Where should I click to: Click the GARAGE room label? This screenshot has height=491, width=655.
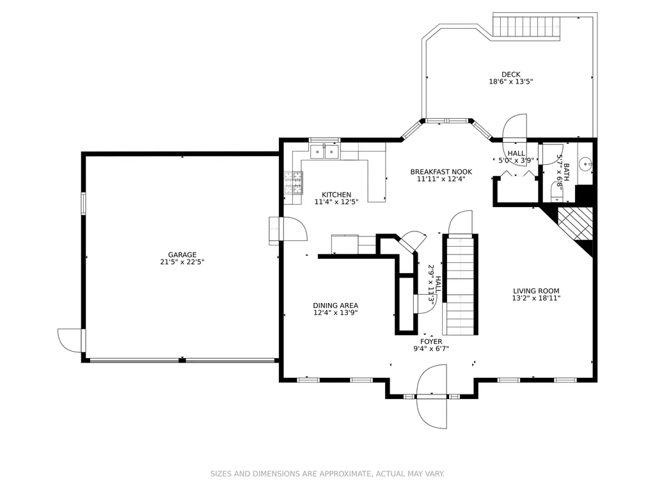[x=182, y=254]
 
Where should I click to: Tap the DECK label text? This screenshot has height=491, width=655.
[x=511, y=75]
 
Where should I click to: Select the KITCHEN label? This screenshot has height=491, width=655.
[x=336, y=194]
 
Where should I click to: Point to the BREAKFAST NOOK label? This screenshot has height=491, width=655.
[x=441, y=171]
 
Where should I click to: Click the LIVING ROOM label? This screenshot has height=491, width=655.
[x=536, y=291]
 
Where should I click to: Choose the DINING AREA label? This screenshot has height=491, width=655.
[x=335, y=306]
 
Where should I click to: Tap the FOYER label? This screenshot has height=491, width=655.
[x=431, y=341]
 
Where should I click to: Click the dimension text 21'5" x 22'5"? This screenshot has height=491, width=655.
[x=182, y=262]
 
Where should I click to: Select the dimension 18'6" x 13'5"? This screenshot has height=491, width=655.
[x=511, y=82]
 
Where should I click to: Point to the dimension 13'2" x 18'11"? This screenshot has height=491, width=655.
[x=536, y=298]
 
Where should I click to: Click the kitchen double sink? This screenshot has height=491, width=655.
[x=324, y=152]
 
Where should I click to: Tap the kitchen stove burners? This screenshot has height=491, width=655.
[x=294, y=183]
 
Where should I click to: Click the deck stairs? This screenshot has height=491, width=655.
[x=526, y=26]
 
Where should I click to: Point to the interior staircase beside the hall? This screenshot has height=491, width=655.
[x=460, y=285]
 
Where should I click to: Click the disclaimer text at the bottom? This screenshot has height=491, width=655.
[x=327, y=474]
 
